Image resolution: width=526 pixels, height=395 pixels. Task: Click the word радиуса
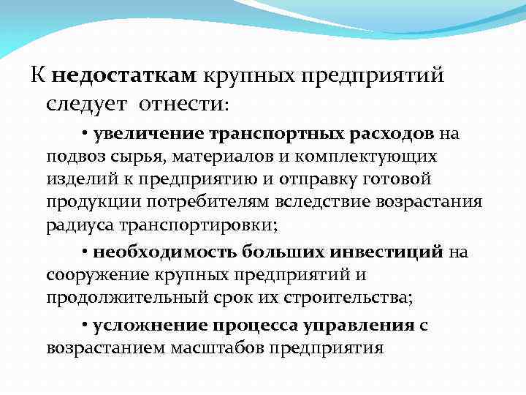tap(75, 225)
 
